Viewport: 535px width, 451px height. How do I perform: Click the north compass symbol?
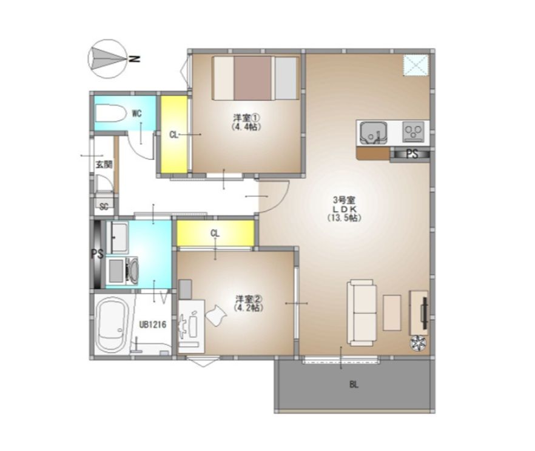pos(108,59)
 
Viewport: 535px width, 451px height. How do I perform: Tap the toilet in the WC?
pos(110,113)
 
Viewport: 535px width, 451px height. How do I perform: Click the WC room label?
pos(137,113)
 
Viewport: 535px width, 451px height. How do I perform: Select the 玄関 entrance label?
pos(104,165)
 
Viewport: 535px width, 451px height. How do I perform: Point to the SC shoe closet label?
pos(104,206)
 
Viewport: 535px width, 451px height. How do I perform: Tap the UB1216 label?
pos(152,324)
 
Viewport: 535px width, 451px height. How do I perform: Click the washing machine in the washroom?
pos(122,271)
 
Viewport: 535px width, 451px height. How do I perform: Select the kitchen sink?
pos(373,133)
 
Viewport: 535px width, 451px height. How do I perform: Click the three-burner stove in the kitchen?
pos(413,132)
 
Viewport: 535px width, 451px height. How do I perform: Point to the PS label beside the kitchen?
pos(412,155)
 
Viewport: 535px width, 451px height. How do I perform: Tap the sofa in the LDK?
pos(362,313)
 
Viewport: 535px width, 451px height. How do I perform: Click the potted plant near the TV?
pos(418,343)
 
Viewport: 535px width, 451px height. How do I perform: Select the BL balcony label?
pos(354,385)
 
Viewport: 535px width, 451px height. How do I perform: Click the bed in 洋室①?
pos(255,78)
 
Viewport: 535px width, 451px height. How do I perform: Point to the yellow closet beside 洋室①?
pos(174,135)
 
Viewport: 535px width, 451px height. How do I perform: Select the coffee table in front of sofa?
pos(392,313)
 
